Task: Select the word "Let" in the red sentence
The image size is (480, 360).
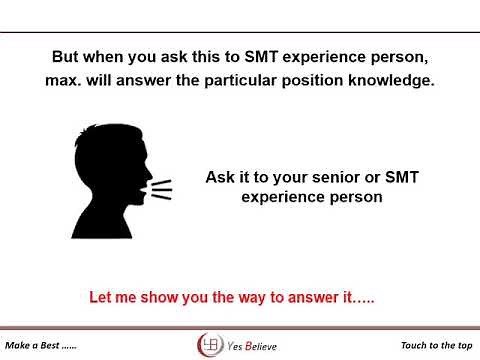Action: click(101, 298)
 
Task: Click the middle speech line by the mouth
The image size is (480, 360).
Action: click(160, 188)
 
